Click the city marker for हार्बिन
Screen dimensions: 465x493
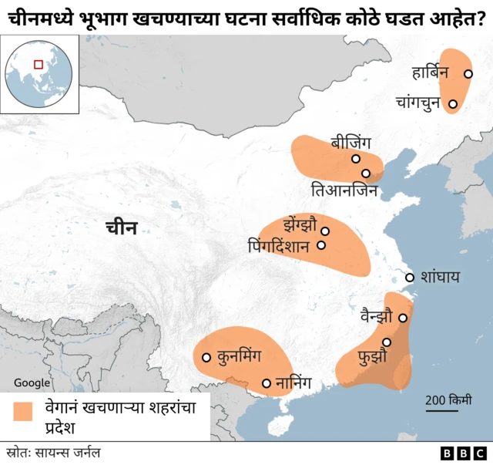pos(468,74)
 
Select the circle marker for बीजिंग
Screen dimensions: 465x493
pos(356,159)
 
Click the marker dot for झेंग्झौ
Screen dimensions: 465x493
pos(325,231)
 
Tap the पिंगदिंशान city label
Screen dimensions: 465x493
pos(279,247)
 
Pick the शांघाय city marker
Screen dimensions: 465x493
pos(409,278)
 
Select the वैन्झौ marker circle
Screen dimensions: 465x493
pos(402,318)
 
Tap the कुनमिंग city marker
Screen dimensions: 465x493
pos(206,357)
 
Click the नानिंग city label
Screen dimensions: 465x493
pos(299,383)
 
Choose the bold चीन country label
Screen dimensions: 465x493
pos(122,227)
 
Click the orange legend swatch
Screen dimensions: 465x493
pos(24,412)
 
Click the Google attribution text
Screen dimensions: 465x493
pos(32,383)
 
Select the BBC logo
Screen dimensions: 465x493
pos(464,453)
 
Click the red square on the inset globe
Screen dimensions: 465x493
pos(39,66)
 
